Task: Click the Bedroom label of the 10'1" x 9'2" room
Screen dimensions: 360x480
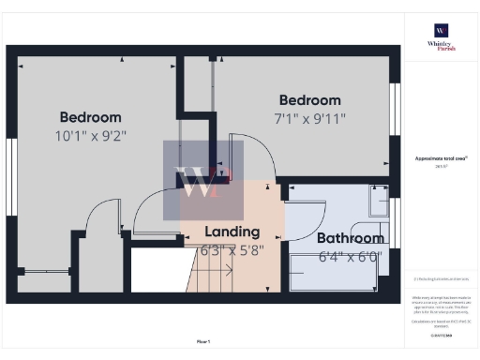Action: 91,117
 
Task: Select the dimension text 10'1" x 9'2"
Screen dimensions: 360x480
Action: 91,135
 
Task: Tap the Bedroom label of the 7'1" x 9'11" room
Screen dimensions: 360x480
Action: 309,100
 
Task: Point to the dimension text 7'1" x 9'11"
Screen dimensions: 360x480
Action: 309,118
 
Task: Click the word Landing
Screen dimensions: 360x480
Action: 232,232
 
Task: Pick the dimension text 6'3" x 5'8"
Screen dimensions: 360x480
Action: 232,250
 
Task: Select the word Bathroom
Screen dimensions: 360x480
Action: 349,238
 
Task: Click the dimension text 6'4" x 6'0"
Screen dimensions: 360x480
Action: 349,255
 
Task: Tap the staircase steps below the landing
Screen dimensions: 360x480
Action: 212,277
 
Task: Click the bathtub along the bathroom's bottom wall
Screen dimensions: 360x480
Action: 337,277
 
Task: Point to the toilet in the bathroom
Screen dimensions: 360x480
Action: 377,202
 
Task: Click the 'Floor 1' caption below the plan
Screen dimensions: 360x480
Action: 203,340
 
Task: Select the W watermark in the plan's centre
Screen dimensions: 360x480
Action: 198,184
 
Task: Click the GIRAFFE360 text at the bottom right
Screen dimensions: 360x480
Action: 441,336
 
